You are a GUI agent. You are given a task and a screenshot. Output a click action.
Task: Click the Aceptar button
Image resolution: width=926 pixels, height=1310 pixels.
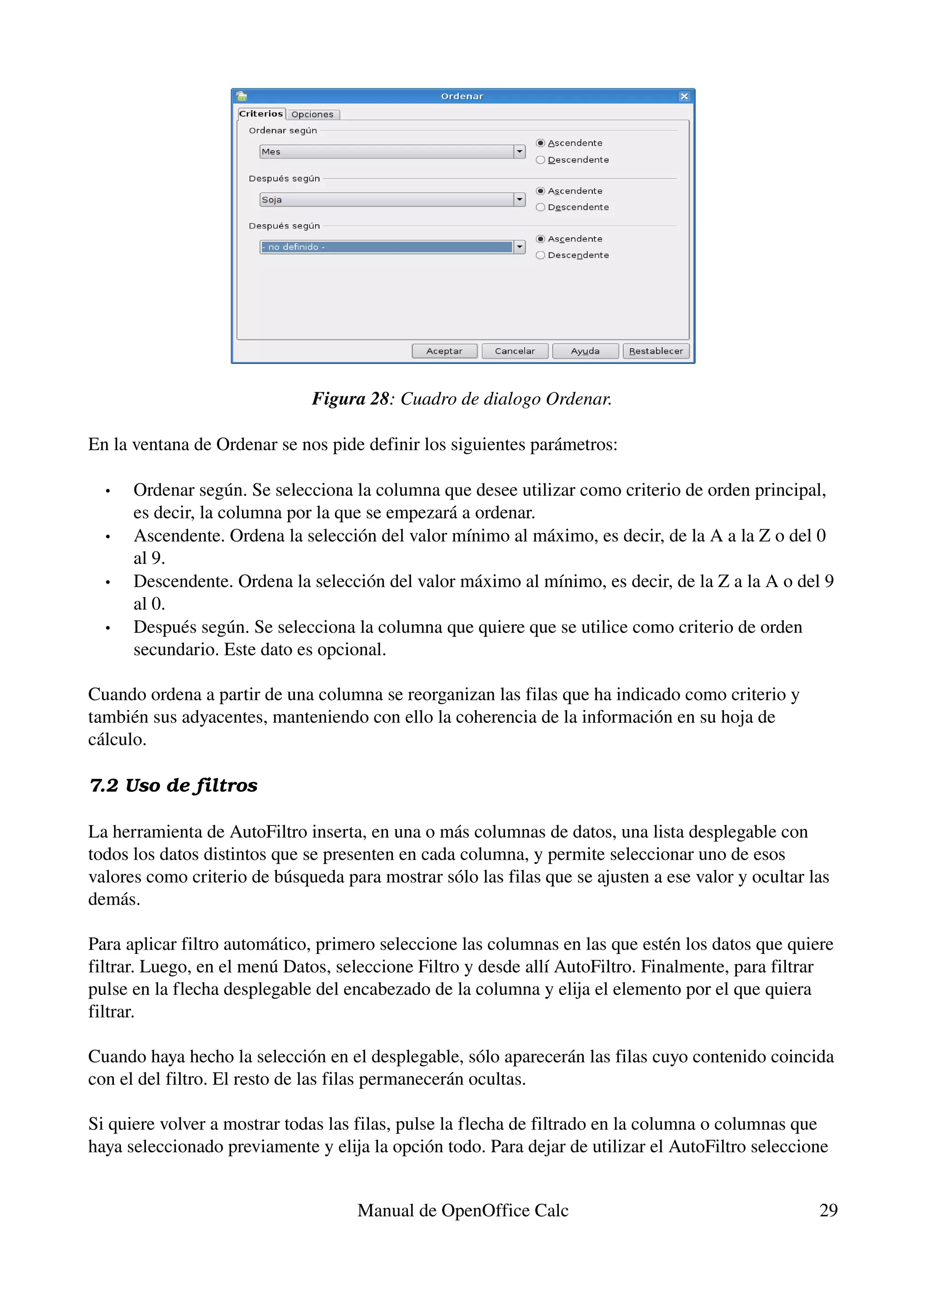click(444, 351)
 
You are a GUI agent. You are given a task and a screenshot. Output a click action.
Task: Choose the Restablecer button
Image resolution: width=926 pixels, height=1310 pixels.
click(656, 351)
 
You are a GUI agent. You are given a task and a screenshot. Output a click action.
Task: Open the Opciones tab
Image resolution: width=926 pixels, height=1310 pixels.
click(312, 114)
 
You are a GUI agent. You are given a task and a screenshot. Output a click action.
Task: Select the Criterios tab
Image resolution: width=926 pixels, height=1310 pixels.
click(261, 113)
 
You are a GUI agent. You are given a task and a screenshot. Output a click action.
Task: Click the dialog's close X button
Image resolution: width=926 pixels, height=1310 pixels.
click(684, 96)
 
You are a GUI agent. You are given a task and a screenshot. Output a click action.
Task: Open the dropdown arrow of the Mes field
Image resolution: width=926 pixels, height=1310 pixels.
click(519, 152)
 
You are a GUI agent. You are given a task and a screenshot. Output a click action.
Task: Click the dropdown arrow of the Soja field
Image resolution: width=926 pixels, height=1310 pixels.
click(519, 200)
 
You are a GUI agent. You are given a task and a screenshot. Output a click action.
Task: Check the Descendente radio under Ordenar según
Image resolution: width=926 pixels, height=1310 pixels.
click(540, 160)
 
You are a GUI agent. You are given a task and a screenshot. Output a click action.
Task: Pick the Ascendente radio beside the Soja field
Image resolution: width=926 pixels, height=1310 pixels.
click(540, 191)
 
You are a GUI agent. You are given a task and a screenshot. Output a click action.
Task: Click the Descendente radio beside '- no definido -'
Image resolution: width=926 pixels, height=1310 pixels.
click(540, 255)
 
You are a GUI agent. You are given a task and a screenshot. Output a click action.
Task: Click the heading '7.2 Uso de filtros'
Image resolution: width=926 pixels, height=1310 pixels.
click(174, 785)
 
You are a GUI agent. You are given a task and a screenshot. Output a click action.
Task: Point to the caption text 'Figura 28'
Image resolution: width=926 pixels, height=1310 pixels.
click(350, 399)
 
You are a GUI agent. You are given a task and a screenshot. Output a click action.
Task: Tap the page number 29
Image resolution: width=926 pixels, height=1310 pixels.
click(828, 1210)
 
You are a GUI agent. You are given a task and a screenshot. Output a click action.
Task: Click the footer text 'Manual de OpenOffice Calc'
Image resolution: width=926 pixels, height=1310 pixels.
click(463, 1210)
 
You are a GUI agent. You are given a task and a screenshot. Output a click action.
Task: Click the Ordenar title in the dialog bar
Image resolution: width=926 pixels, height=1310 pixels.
click(462, 96)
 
